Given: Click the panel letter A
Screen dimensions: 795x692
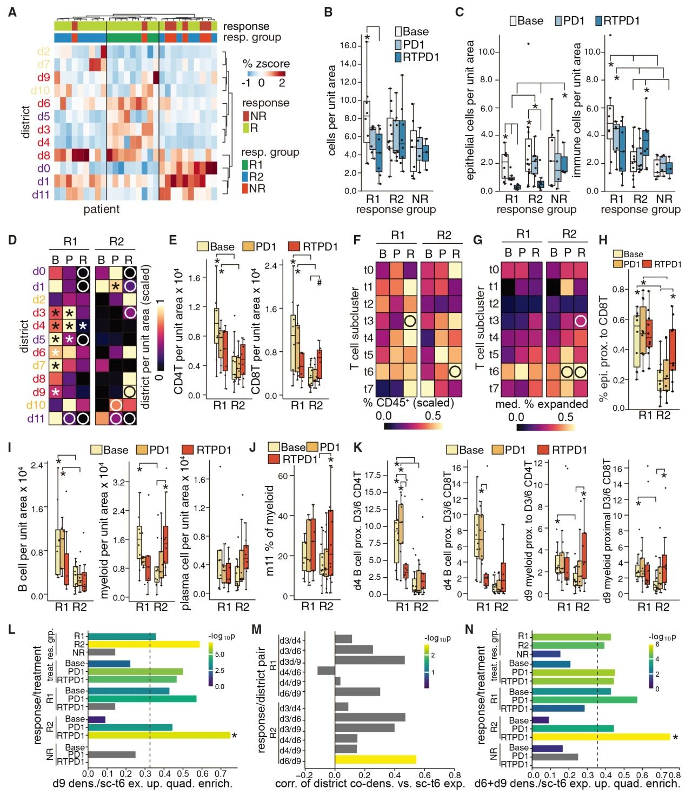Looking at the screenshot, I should point(12,11).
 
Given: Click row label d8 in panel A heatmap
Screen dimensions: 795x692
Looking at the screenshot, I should point(43,156).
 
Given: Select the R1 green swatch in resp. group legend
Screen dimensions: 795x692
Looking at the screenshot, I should point(245,164).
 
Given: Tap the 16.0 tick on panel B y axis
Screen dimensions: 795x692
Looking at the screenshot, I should point(348,45).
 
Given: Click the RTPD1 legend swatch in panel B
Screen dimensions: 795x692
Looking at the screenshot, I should point(398,57).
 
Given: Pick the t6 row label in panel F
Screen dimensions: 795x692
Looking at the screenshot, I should point(368,371).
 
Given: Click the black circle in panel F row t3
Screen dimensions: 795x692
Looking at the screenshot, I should point(410,321).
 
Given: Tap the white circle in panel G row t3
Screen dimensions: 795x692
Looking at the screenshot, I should point(581,321).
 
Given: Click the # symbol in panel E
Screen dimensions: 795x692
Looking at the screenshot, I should point(320,282).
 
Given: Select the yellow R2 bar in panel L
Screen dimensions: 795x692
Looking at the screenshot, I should point(143,644).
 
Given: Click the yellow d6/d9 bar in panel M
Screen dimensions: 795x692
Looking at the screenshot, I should point(375,760).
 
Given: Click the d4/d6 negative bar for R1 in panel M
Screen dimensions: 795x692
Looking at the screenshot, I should point(326,671).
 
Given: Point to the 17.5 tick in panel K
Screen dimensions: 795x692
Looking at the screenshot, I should point(372,475).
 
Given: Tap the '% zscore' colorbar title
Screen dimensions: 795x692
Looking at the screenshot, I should point(266,64).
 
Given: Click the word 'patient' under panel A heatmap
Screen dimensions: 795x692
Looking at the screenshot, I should point(102,209).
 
